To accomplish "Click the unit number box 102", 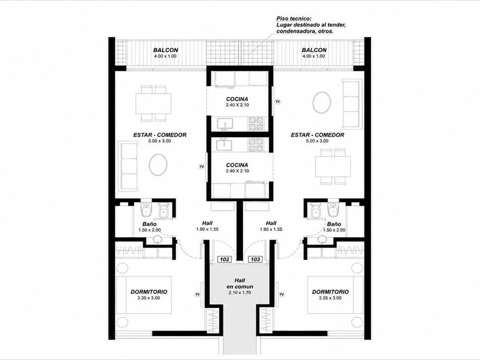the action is click(x=225, y=259).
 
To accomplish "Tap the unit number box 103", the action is click(x=255, y=259).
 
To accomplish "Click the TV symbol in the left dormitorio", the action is click(x=198, y=294).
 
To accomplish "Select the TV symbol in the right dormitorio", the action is click(x=282, y=294).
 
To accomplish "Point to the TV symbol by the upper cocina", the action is click(x=278, y=101).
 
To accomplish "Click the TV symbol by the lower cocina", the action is click(x=201, y=166).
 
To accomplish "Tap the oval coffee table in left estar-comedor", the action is click(x=158, y=165).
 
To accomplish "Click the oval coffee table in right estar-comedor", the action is click(x=322, y=102).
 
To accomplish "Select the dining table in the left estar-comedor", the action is click(x=154, y=103).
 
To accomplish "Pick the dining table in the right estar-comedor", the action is click(x=333, y=166).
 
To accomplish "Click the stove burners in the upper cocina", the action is click(x=256, y=123).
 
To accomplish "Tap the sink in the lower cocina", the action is click(x=225, y=144).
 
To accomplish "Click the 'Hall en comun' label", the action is click(x=239, y=283).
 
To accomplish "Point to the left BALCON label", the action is click(x=166, y=50).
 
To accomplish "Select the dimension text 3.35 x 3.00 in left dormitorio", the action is click(x=149, y=298).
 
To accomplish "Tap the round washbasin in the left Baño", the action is click(x=158, y=239).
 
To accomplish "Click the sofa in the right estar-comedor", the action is click(x=351, y=104).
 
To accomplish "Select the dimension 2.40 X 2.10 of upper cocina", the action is click(x=237, y=105).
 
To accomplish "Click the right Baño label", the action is click(x=334, y=224).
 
